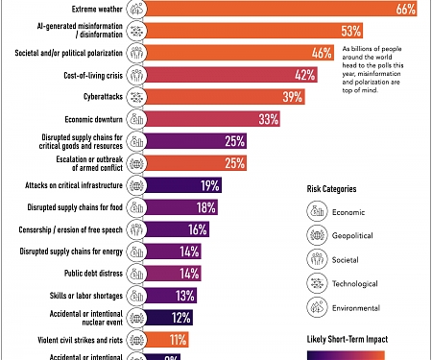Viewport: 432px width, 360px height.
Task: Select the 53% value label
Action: pos(324,31)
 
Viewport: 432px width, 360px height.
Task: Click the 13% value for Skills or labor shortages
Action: pos(186,296)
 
